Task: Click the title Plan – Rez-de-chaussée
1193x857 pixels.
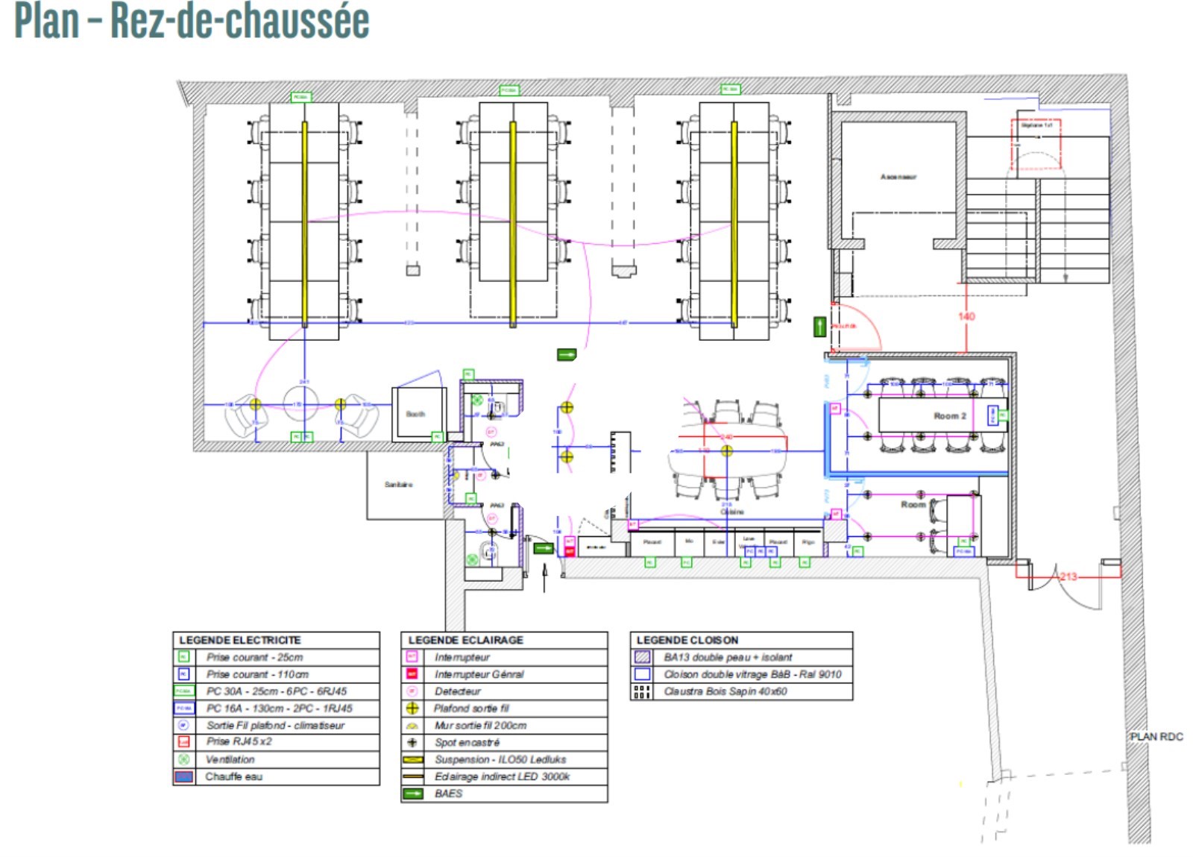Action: pyautogui.click(x=192, y=21)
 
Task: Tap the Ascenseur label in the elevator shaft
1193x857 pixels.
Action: pyautogui.click(x=898, y=177)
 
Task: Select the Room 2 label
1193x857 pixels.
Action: pyautogui.click(x=950, y=416)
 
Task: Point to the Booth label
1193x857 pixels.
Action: pyautogui.click(x=415, y=414)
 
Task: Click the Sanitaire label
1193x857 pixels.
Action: pyautogui.click(x=398, y=485)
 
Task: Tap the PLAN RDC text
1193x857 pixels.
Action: pyautogui.click(x=1156, y=737)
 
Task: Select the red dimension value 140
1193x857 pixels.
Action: pyautogui.click(x=966, y=316)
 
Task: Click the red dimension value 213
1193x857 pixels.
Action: pyautogui.click(x=1068, y=577)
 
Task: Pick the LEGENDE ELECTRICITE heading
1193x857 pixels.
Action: pyautogui.click(x=240, y=640)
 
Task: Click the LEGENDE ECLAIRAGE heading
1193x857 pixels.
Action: pyautogui.click(x=466, y=640)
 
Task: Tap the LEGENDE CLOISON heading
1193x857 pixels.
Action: pyautogui.click(x=687, y=640)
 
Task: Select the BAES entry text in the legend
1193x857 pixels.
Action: pyautogui.click(x=449, y=794)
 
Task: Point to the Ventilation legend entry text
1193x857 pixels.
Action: pyautogui.click(x=230, y=759)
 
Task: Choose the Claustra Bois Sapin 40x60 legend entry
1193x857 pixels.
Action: pyautogui.click(x=725, y=691)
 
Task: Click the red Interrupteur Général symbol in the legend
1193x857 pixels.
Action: pyautogui.click(x=412, y=674)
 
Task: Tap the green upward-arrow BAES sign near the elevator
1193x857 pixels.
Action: pyautogui.click(x=819, y=327)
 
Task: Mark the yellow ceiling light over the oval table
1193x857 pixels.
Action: pyautogui.click(x=727, y=451)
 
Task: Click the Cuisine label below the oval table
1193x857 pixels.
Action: pyautogui.click(x=732, y=512)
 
